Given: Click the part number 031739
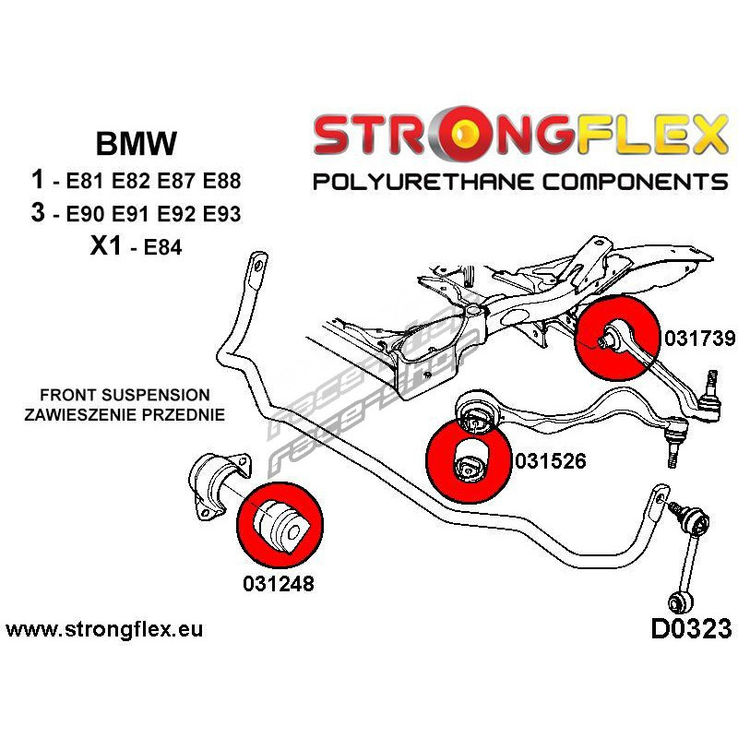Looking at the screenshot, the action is click(x=699, y=338).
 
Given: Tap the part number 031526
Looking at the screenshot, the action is click(x=551, y=460).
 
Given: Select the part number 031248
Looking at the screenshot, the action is click(x=279, y=584).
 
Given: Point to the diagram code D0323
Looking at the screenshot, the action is click(x=691, y=629).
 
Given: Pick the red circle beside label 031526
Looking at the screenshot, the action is click(x=469, y=460).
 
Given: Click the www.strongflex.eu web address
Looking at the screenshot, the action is click(x=104, y=629).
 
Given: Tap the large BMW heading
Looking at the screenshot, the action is click(x=137, y=144).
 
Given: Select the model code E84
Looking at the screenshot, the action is click(x=162, y=246).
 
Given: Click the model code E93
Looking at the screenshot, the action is click(x=221, y=214).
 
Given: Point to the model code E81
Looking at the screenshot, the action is click(x=85, y=181).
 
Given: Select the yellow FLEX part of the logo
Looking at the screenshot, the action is click(x=652, y=133).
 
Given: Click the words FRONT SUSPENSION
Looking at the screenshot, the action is click(x=125, y=395).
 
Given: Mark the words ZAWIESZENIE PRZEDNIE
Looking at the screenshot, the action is click(x=125, y=414).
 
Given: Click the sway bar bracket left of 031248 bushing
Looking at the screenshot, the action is click(x=220, y=486).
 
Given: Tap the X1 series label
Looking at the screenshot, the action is click(x=106, y=245).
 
